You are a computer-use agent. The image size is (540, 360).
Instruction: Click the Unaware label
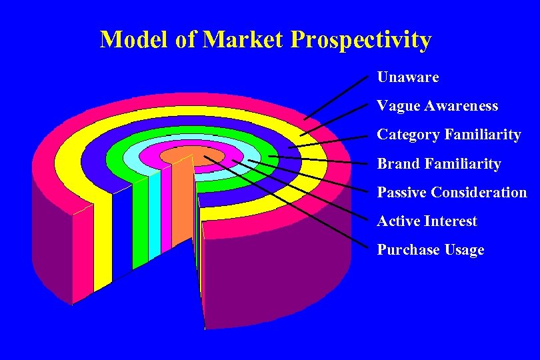click(408, 77)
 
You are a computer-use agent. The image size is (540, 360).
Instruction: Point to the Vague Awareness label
click(437, 106)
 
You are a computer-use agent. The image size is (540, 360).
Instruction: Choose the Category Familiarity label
click(449, 135)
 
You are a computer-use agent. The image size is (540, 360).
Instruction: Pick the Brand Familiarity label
click(439, 163)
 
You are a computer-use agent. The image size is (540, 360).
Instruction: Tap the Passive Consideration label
click(452, 193)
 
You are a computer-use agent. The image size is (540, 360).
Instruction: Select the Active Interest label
click(427, 221)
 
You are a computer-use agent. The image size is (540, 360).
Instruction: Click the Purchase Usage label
click(431, 250)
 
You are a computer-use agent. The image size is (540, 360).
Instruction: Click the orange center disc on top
click(180, 155)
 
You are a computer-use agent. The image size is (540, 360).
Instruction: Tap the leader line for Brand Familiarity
click(320, 160)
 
